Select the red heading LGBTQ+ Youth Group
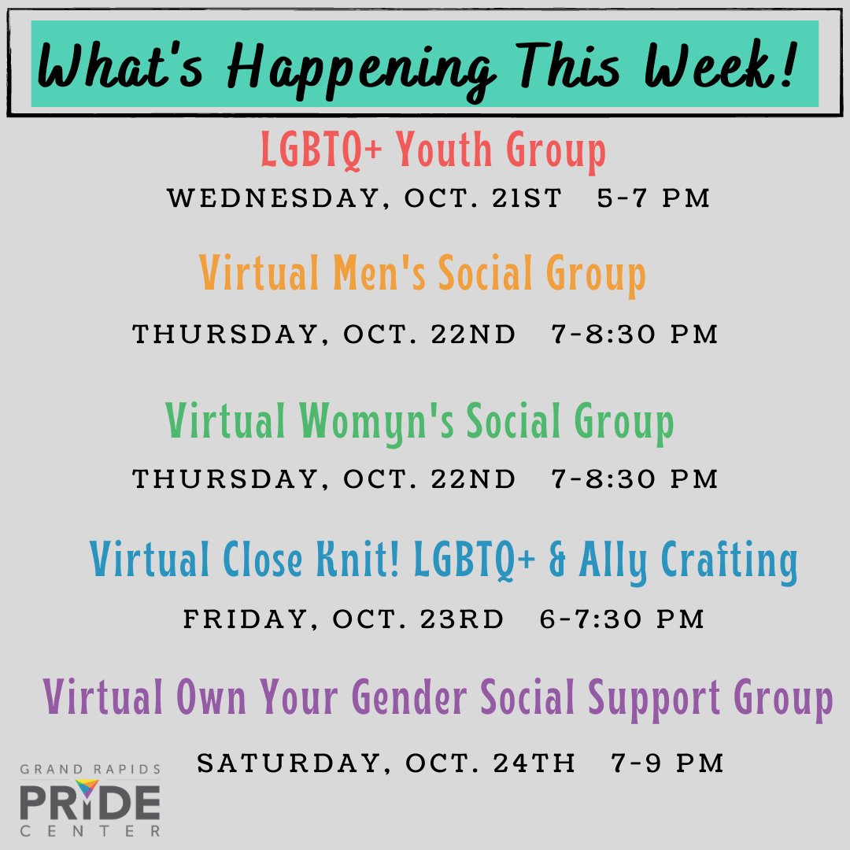click(434, 152)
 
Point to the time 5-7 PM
click(653, 198)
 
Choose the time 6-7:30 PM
click(622, 619)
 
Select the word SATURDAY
click(293, 763)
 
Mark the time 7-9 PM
click(667, 763)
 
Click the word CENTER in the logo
click(91, 830)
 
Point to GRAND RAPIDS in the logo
click(91, 768)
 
